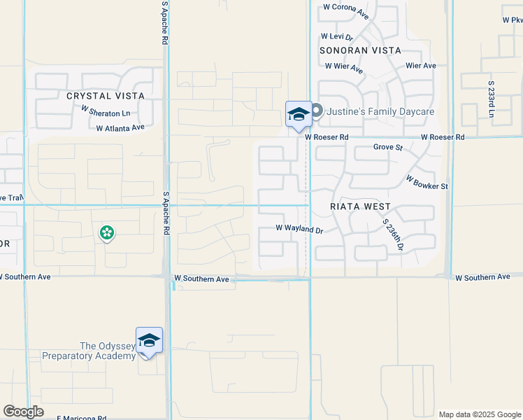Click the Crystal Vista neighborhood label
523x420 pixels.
pos(106,96)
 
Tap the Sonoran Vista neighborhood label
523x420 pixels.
pos(360,51)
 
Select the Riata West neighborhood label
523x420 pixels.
pos(360,207)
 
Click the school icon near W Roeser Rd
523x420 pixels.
pos(299,114)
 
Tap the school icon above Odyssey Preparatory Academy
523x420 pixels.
pos(149,341)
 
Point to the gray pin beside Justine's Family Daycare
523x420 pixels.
pos(317,111)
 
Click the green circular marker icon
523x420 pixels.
pos(107,232)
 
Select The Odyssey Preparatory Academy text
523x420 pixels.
pos(88,351)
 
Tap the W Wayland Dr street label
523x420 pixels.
pos(299,229)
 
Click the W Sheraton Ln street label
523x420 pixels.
pos(106,111)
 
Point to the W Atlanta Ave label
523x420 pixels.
pos(120,128)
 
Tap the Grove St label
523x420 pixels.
pos(388,148)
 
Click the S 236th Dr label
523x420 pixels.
pos(393,234)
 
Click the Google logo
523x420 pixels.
pos(24,412)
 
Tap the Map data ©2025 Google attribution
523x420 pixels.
pos(480,414)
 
